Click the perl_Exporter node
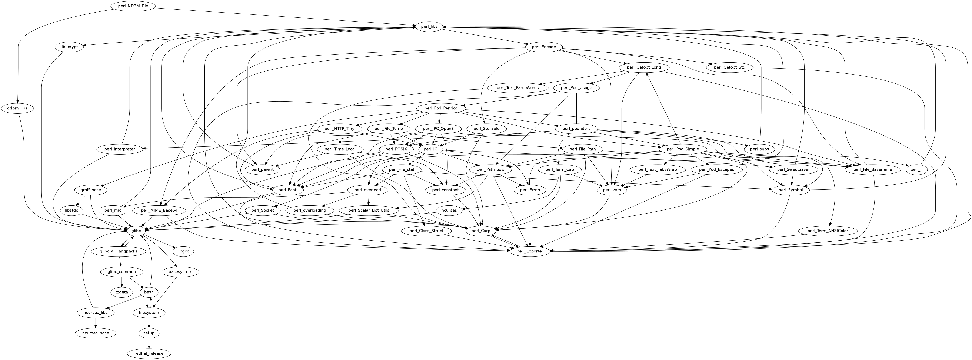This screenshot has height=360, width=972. [530, 251]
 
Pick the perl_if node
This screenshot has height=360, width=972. [916, 169]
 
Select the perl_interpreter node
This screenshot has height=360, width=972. [120, 149]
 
